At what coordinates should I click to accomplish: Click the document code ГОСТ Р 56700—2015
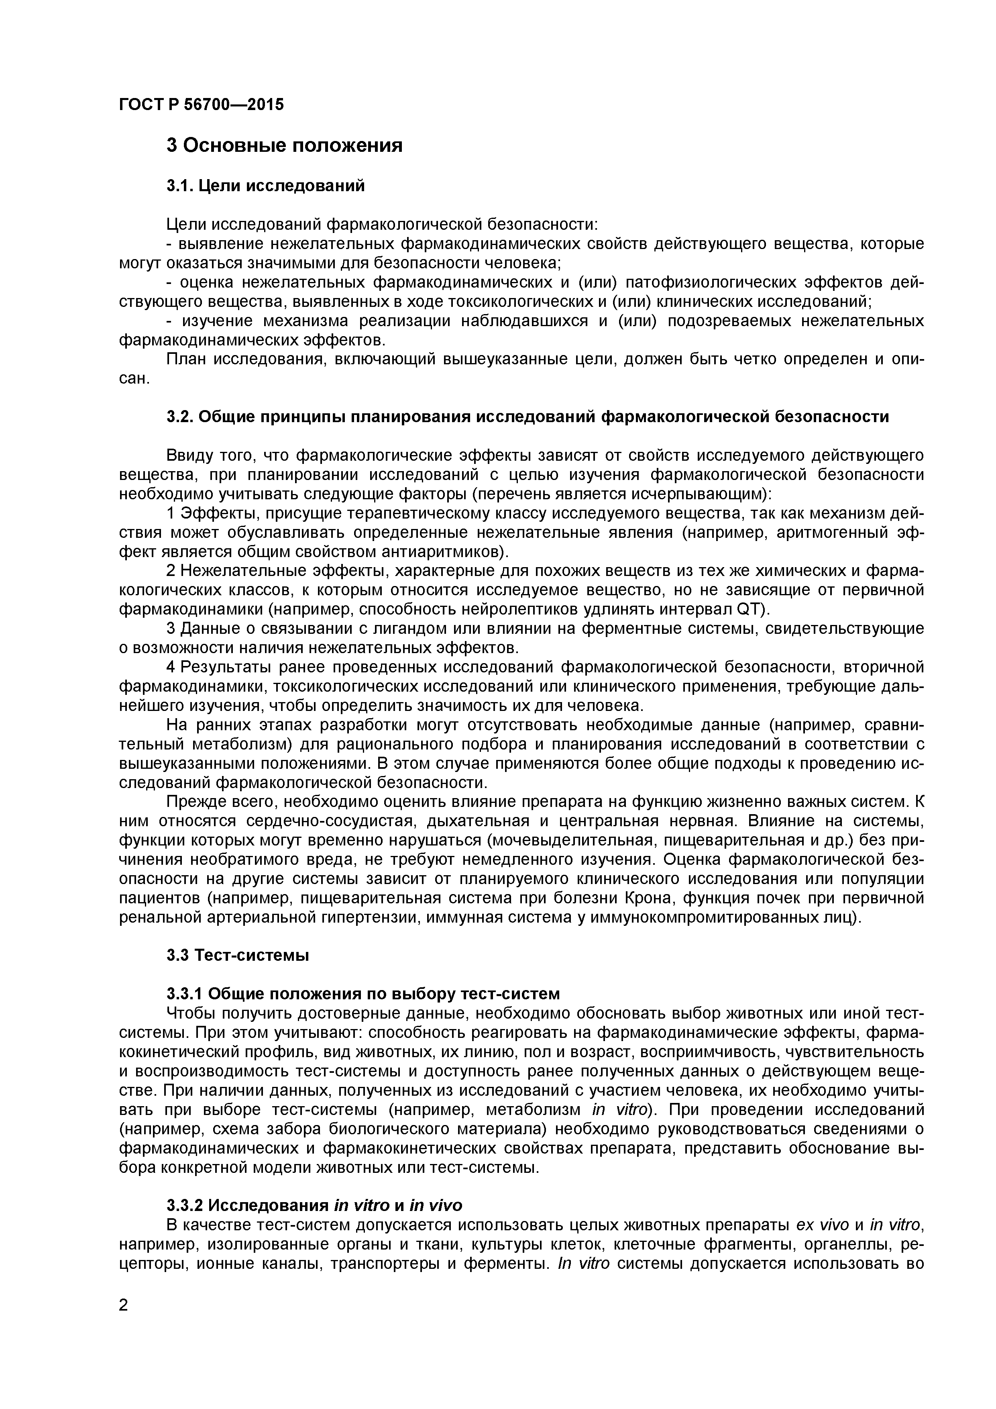201,104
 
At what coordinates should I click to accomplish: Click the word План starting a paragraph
187,359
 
